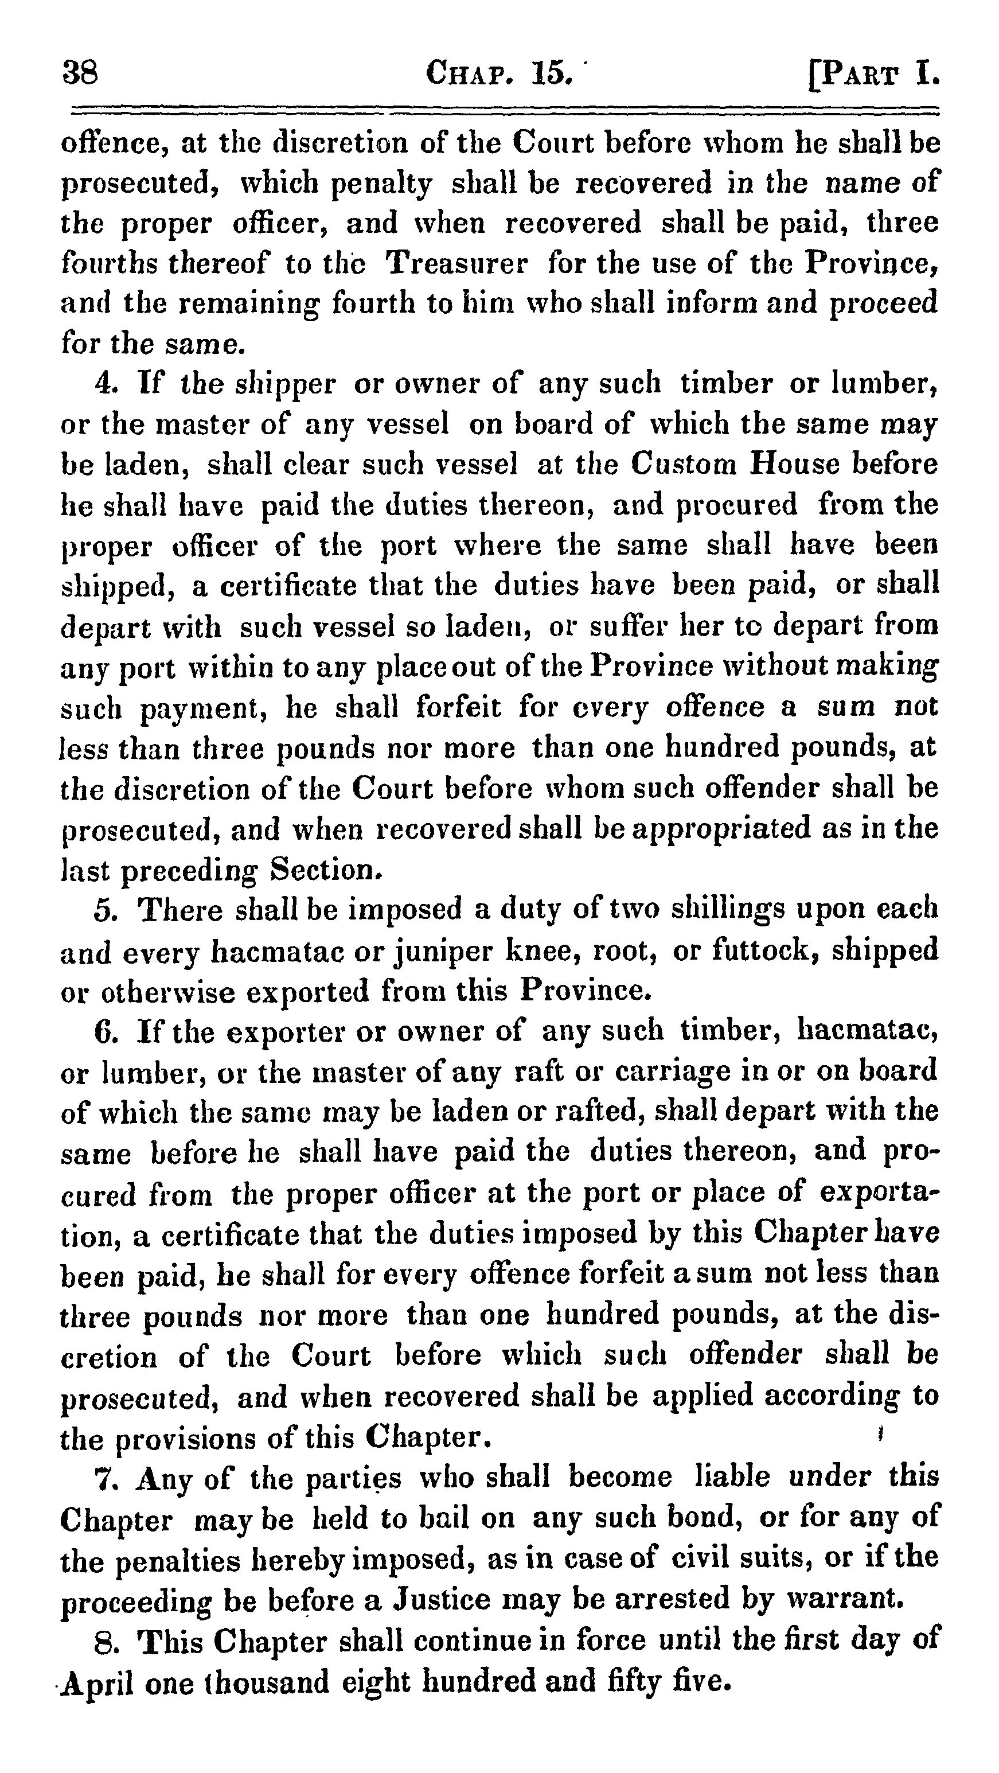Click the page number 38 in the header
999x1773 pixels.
pyautogui.click(x=80, y=72)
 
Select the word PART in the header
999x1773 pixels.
pyautogui.click(x=861, y=73)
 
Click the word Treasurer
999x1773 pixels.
pyautogui.click(x=456, y=263)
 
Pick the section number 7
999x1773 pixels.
pyautogui.click(x=107, y=1477)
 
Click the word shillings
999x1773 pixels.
pyautogui.click(x=727, y=910)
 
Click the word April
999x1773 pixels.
pyautogui.click(x=96, y=1684)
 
